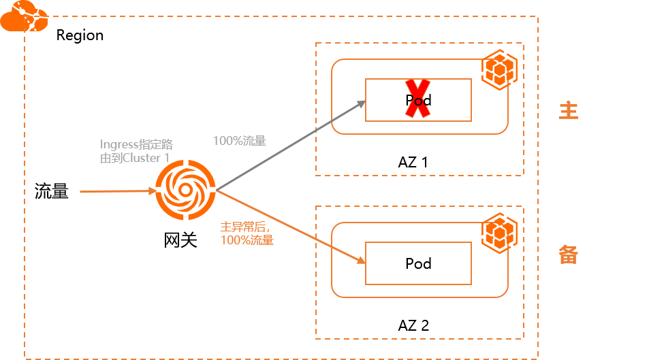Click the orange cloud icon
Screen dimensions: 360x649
(24, 18)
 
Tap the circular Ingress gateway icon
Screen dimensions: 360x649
(185, 190)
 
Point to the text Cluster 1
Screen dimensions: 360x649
(146, 158)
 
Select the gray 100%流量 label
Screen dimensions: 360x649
(239, 142)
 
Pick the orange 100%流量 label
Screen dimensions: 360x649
(247, 240)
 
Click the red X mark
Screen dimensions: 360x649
(418, 99)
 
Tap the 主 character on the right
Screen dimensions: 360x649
(568, 110)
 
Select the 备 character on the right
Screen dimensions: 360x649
(568, 255)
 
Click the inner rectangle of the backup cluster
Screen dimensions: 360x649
(418, 263)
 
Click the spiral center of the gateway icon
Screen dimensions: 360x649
(185, 190)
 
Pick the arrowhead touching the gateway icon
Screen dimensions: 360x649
(153, 192)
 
